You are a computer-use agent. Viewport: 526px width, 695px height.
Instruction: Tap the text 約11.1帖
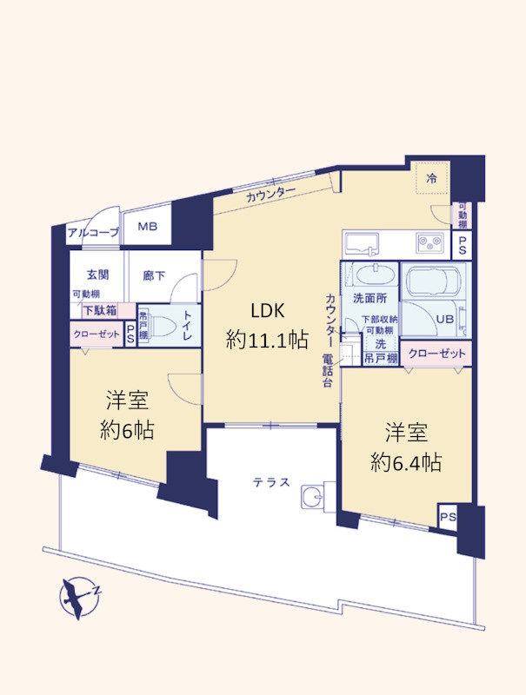tap(267, 341)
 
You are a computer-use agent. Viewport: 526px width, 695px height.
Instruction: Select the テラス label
tap(271, 484)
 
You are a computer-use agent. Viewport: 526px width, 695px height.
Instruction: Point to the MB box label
tap(145, 228)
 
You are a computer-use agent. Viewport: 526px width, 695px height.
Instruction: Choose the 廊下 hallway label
tap(155, 275)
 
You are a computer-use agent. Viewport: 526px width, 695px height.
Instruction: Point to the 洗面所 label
tap(370, 298)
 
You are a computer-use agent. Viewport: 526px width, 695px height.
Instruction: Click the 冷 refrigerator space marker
tap(431, 178)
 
